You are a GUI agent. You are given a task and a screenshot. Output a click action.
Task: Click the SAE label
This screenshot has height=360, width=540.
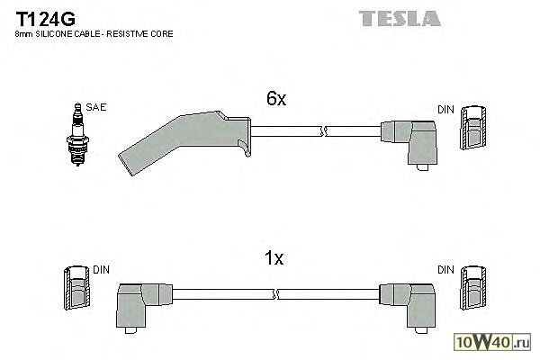97,107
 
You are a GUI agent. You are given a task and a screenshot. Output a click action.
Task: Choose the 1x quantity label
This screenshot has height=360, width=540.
274,259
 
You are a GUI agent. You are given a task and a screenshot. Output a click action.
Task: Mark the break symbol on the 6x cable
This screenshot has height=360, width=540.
322,132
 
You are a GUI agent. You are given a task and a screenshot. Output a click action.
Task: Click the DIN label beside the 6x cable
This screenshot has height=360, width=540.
445,109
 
